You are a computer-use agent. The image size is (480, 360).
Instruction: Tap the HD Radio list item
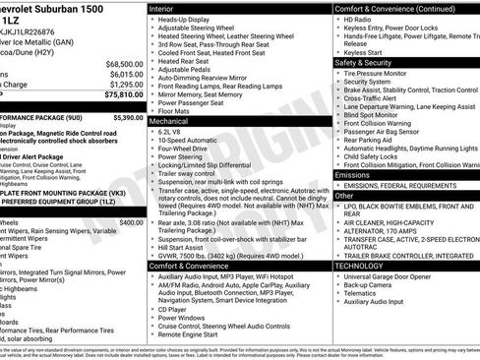pos(363,20)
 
